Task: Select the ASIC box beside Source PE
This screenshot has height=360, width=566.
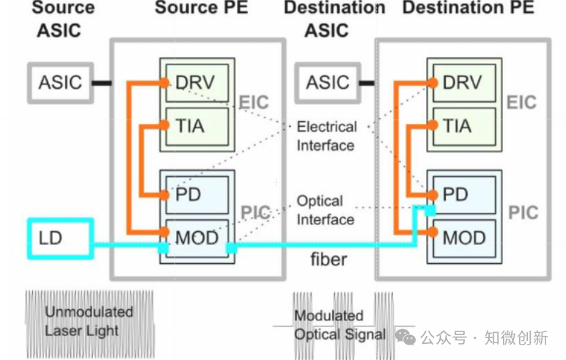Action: [x=60, y=81]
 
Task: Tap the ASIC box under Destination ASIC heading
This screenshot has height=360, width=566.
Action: [x=327, y=81]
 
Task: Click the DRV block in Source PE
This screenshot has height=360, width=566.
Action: [x=197, y=81]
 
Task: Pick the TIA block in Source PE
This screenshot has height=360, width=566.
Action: [x=191, y=126]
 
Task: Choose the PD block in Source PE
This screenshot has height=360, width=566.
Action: [x=189, y=195]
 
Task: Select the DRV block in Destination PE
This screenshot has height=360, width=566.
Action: [x=463, y=81]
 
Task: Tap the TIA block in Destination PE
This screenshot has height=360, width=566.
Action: [x=457, y=126]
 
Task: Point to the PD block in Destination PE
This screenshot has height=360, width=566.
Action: [x=456, y=195]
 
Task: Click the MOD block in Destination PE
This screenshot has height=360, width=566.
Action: [x=463, y=238]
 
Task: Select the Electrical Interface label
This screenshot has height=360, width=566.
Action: [x=326, y=136]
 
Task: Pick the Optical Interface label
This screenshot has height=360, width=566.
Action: [x=326, y=210]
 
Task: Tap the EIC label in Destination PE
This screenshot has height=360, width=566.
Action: [x=521, y=102]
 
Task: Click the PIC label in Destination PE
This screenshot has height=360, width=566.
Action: [x=522, y=213]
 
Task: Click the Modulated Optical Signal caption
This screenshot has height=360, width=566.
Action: [x=339, y=325]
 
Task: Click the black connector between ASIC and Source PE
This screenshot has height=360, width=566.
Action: [x=100, y=82]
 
